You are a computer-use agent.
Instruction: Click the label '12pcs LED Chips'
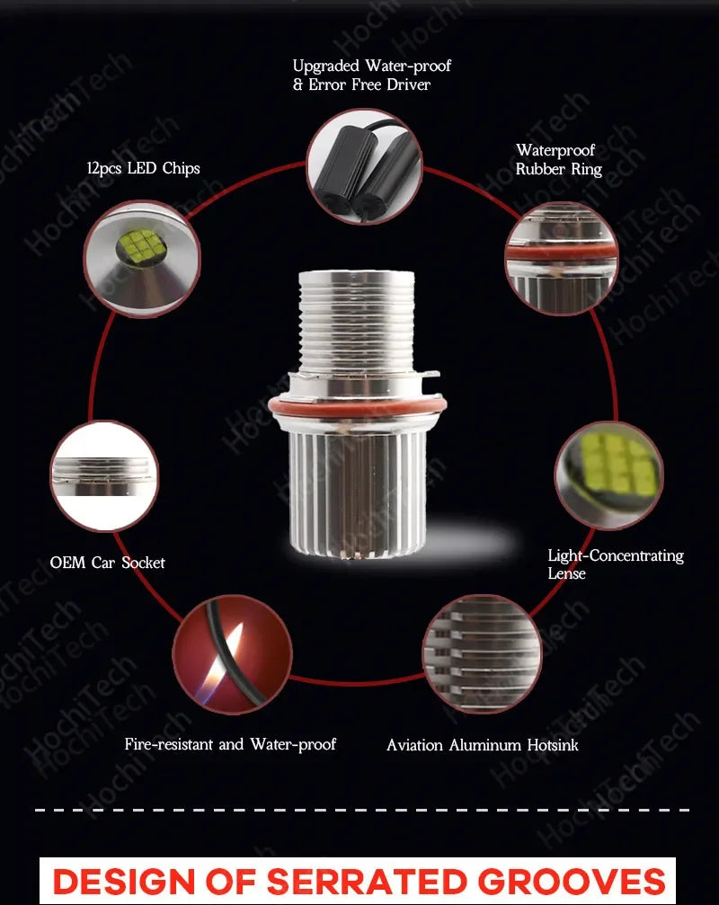tap(143, 168)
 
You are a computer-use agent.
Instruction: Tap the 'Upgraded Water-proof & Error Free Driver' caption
tap(371, 75)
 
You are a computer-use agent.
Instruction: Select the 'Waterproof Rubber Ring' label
tap(558, 159)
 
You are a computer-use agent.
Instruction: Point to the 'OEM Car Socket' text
tap(107, 563)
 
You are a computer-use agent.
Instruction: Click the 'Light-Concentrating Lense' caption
tap(616, 563)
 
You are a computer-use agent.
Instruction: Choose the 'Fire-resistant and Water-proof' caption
tap(230, 744)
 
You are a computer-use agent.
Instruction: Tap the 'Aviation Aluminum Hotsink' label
tap(483, 745)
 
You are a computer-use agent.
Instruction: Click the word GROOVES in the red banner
tap(572, 882)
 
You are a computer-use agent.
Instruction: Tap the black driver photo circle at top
tap(364, 167)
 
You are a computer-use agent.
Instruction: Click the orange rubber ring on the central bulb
tap(357, 405)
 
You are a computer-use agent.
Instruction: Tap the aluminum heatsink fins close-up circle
tap(483, 654)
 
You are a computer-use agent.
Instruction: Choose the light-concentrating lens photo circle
tap(609, 475)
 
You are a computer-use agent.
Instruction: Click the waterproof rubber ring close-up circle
tap(562, 258)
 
